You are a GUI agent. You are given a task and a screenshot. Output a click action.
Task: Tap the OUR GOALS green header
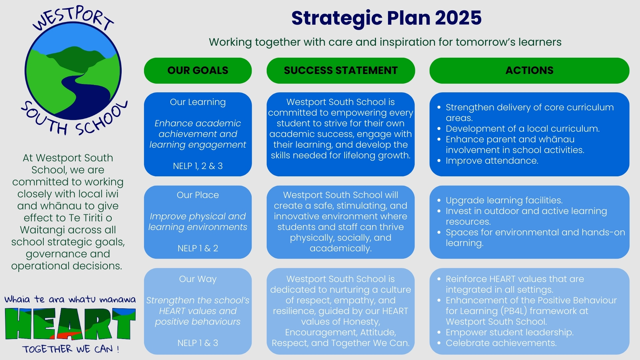(x=198, y=70)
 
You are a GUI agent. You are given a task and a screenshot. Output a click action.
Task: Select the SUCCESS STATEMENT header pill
(x=341, y=70)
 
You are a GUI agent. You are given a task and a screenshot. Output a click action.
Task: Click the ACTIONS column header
(x=529, y=70)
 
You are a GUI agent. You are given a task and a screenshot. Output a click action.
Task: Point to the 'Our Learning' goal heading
(x=198, y=102)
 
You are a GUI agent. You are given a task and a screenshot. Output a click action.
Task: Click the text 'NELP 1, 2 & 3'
(x=198, y=166)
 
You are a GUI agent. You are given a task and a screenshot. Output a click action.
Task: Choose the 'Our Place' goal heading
(x=198, y=195)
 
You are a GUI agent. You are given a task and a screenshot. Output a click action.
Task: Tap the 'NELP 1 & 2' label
(x=198, y=248)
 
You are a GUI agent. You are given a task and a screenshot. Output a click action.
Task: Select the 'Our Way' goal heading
(x=198, y=279)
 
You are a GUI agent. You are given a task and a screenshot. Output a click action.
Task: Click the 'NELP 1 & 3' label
(x=198, y=343)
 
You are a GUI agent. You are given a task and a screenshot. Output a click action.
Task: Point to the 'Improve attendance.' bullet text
(x=492, y=161)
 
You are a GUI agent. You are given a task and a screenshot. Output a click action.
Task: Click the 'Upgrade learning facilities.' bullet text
(x=504, y=200)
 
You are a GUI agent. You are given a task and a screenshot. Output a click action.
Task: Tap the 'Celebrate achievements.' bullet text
(x=501, y=343)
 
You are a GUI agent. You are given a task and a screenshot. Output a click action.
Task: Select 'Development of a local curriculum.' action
(x=522, y=129)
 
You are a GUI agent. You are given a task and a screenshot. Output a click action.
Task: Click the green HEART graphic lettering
(x=70, y=324)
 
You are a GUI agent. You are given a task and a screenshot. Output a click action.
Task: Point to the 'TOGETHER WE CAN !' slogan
(x=71, y=349)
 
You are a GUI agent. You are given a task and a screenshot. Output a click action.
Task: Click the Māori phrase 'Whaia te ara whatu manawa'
(x=70, y=299)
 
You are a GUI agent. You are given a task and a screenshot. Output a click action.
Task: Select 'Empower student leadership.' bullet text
(x=509, y=332)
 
